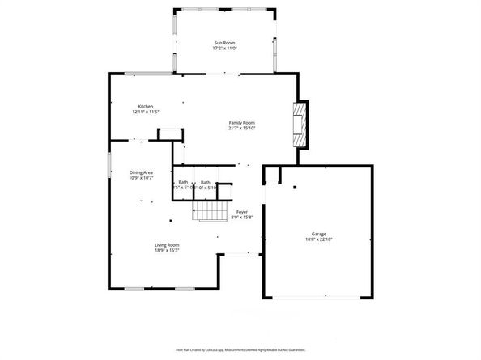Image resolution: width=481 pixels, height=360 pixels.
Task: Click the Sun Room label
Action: (224, 42)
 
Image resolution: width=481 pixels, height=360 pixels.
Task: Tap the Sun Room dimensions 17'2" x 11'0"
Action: (224, 49)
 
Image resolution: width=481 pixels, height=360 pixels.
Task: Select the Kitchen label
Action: (146, 107)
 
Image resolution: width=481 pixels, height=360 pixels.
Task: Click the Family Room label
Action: (241, 122)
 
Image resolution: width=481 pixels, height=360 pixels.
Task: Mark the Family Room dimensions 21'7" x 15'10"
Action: (241, 129)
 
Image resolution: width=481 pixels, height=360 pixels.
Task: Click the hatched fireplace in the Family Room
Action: (300, 124)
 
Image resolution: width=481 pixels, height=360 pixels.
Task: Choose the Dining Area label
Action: (142, 172)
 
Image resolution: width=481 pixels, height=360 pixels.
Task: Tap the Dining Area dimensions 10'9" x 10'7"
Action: (142, 179)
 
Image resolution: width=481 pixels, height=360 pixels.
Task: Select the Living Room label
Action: (168, 244)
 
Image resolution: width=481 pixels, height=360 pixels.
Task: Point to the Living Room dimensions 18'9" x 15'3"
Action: (168, 251)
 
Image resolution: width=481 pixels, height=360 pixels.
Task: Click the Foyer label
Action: (242, 211)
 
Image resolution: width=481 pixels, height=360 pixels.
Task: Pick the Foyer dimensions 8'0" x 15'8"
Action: (242, 218)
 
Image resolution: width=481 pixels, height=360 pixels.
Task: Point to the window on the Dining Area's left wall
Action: (110, 162)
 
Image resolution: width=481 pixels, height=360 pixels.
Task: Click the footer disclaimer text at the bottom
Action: (240, 350)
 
